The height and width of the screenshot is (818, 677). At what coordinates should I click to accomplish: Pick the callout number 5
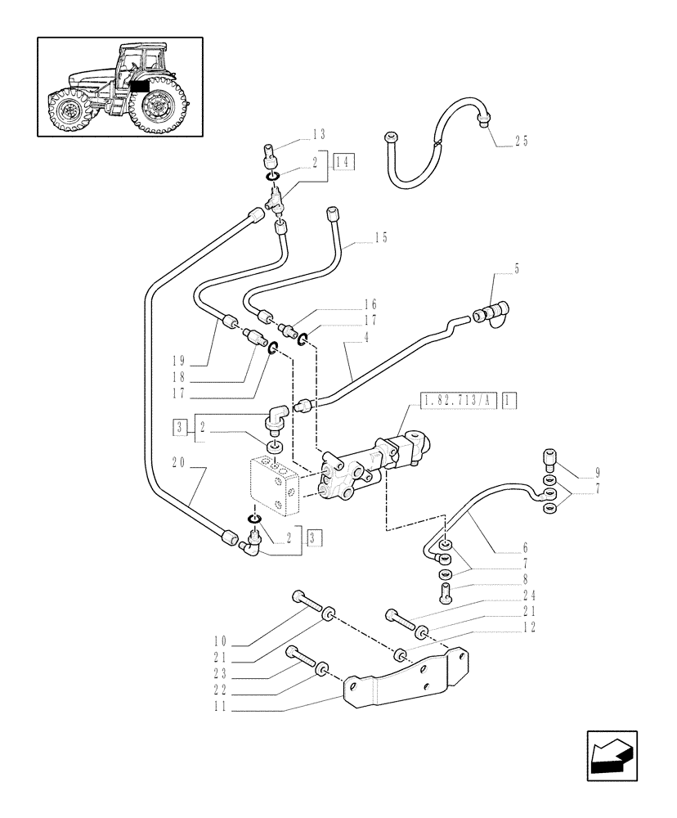516,268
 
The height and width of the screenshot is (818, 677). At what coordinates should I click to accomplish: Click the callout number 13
318,134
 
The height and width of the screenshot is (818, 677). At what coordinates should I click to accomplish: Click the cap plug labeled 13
273,154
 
